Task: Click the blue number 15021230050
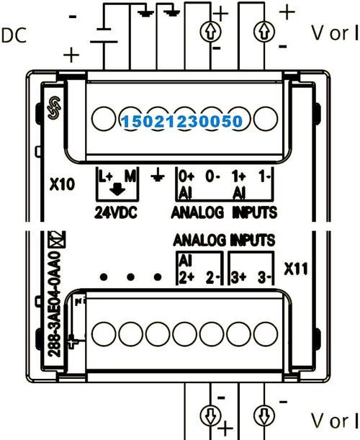182,121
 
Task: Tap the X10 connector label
63,184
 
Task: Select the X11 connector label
296,269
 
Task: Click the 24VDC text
116,212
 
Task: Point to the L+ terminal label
106,176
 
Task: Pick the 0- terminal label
212,176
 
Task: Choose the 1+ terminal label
238,176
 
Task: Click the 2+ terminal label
186,278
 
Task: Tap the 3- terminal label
264,278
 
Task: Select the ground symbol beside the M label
158,176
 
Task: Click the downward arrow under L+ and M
117,189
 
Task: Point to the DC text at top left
14,35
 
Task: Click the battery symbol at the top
104,35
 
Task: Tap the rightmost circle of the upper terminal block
266,119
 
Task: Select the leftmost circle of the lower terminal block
104,334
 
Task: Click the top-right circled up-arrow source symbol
264,32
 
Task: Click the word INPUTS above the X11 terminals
252,241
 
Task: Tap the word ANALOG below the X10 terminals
197,212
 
